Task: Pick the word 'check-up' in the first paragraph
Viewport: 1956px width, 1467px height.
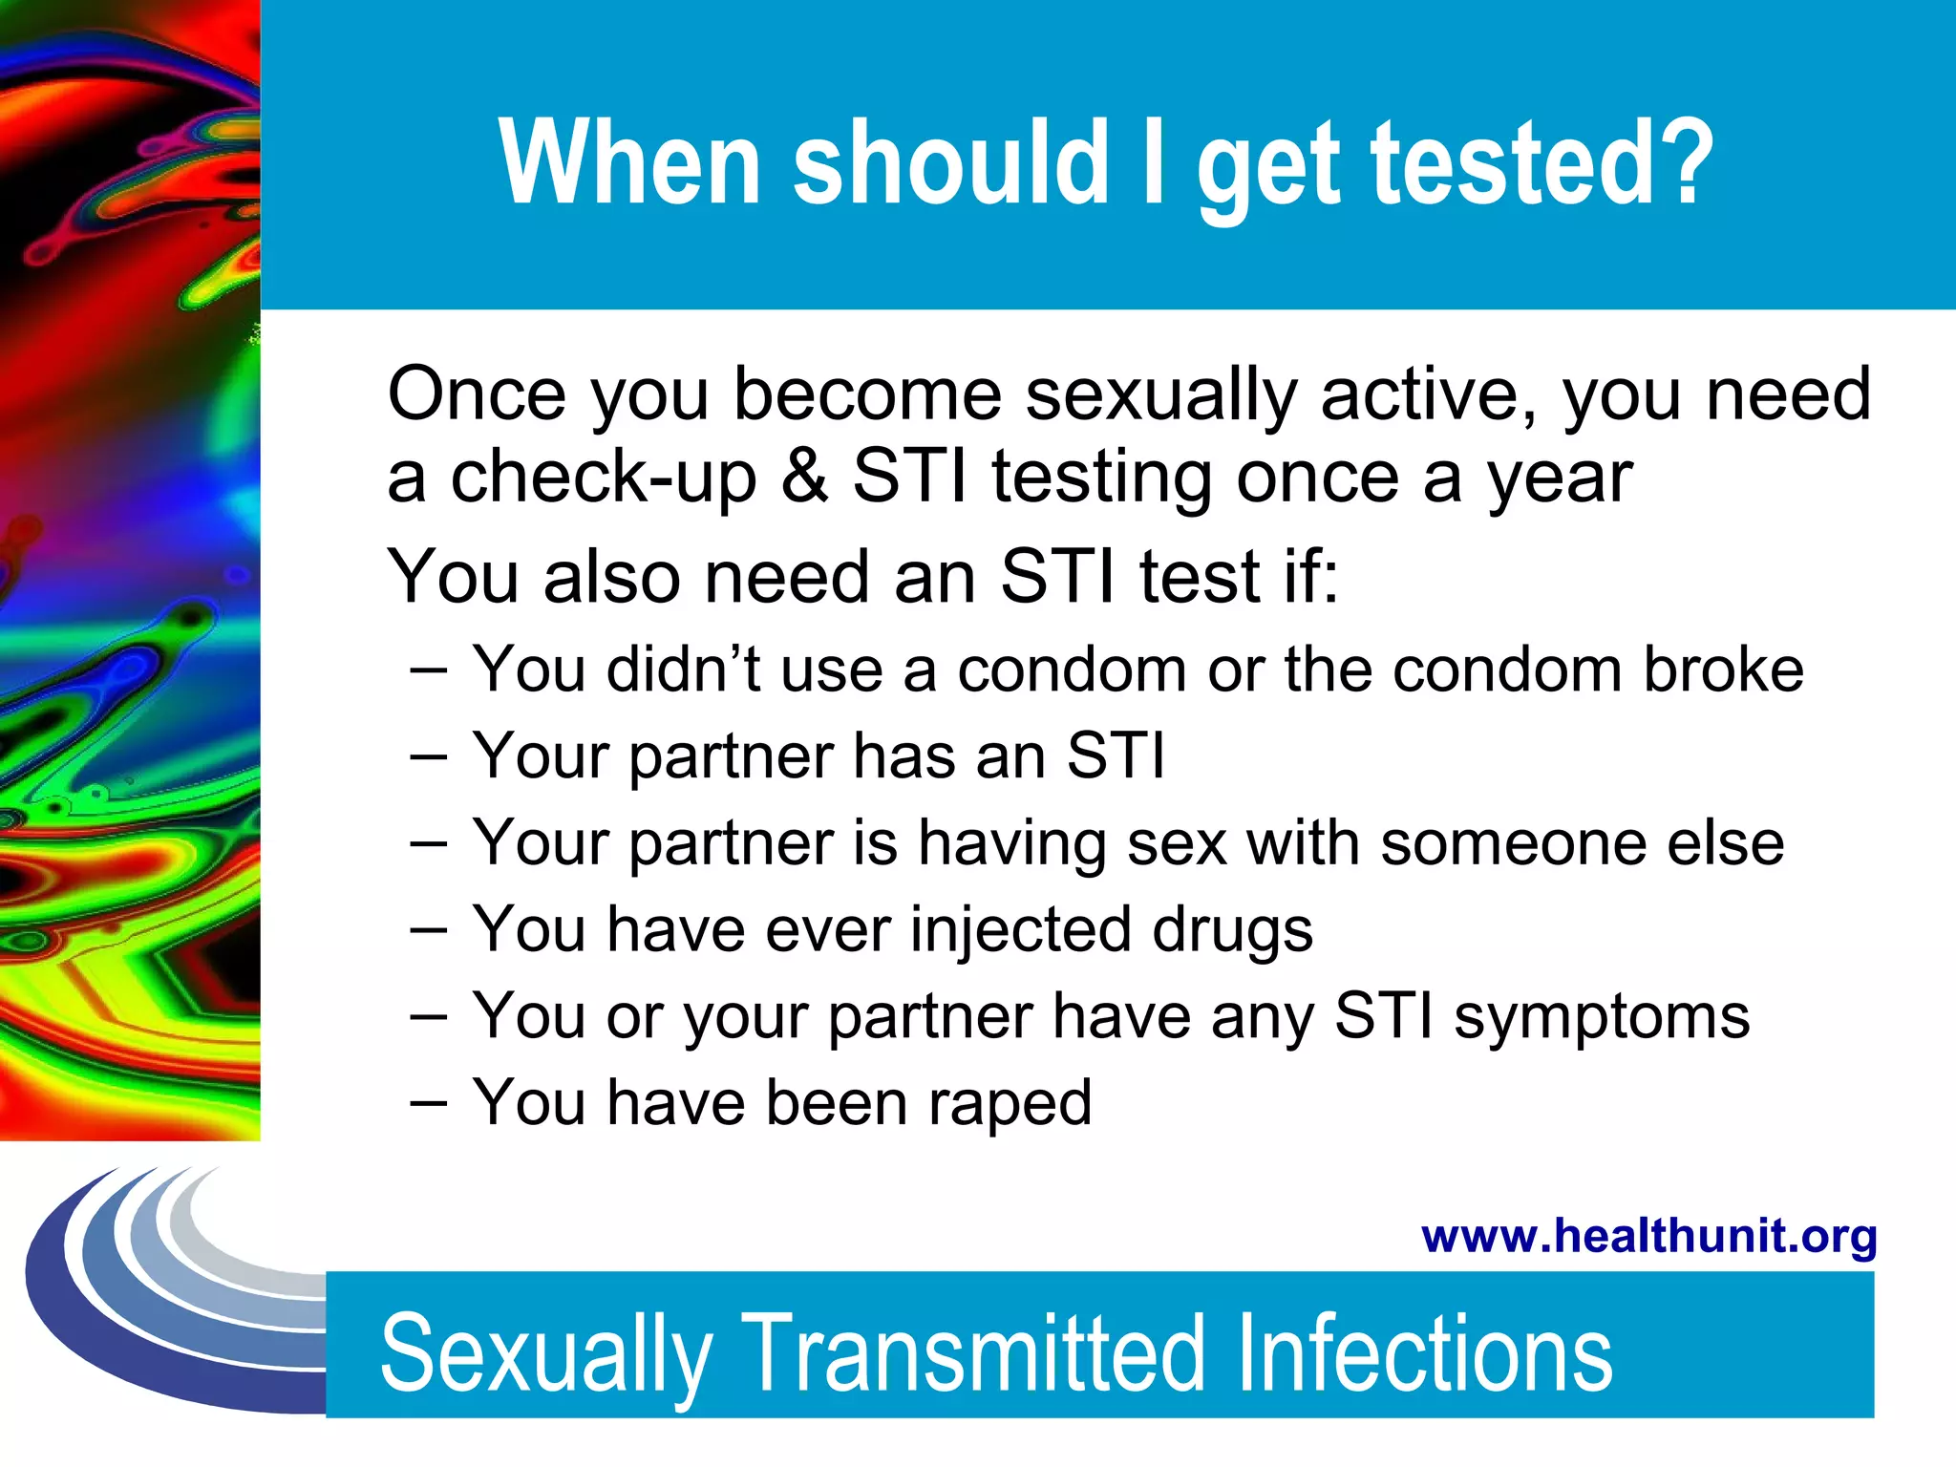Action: (604, 478)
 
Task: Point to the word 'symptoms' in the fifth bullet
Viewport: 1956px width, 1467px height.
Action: (1602, 1017)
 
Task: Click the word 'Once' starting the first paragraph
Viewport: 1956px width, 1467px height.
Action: (477, 393)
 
